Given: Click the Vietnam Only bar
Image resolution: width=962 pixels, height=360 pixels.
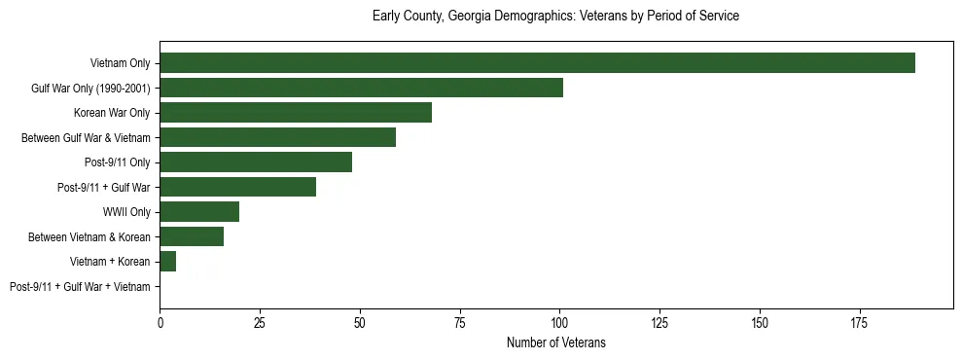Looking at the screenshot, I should pos(537,63).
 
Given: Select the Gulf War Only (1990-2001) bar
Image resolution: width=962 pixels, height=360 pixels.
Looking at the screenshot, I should pos(361,89).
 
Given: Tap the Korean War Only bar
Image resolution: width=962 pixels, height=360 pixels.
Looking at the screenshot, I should pos(296,113).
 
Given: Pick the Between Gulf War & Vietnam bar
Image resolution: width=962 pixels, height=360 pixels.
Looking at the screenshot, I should pos(277,137).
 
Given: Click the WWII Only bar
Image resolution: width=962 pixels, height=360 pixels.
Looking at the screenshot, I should pos(199,212).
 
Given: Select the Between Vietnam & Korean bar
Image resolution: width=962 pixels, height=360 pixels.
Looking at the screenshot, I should pos(192,236).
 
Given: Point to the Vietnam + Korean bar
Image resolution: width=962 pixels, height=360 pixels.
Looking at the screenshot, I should pos(167,262).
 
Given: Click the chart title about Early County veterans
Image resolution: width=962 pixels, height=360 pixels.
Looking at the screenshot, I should pos(555,17).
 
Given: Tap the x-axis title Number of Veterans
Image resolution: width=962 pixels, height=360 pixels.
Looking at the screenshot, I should pos(555,342).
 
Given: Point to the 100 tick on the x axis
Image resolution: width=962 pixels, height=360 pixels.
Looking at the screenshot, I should pos(559,322).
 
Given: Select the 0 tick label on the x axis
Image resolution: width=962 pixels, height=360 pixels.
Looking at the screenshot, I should pos(160,322).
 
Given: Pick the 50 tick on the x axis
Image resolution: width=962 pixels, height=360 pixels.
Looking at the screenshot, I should pos(360,322).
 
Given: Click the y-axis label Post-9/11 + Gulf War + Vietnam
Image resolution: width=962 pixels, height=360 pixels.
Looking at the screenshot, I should pos(80,287).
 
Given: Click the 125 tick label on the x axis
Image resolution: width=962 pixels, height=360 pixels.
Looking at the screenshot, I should pos(659,322).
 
